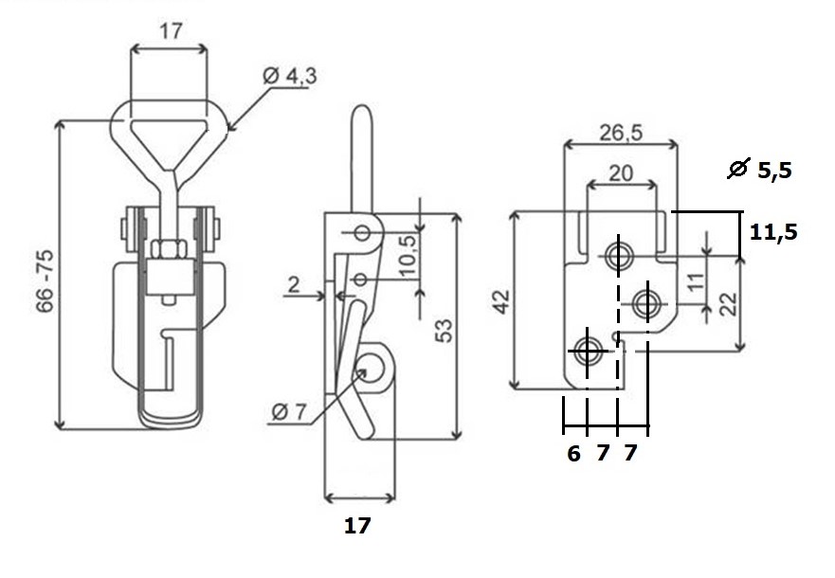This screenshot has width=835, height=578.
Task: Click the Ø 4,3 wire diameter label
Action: [x=290, y=76]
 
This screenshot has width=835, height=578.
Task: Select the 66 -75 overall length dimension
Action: [x=45, y=280]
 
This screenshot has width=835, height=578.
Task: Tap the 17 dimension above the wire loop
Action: [x=171, y=31]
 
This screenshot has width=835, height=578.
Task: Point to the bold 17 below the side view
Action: [x=356, y=526]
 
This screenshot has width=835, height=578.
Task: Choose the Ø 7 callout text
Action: [x=290, y=411]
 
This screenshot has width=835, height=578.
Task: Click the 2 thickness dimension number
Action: [x=294, y=285]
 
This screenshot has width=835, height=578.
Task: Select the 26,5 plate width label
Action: [x=621, y=133]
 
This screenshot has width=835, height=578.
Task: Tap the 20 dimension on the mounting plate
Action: [x=621, y=173]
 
